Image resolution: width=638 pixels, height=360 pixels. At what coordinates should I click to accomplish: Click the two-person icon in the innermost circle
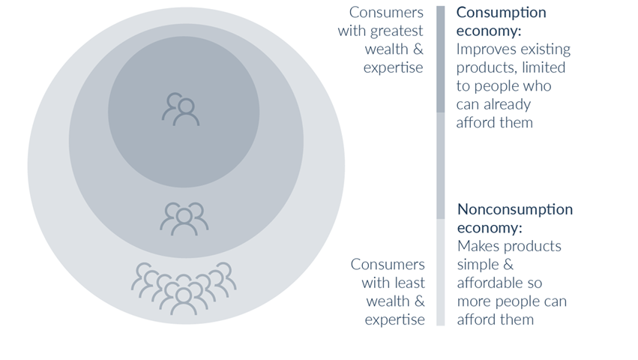pyautogui.click(x=181, y=109)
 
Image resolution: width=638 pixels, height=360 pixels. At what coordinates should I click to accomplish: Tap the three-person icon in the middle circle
pyautogui.click(x=184, y=218)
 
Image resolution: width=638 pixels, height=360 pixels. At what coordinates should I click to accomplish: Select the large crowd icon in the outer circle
pyautogui.click(x=184, y=286)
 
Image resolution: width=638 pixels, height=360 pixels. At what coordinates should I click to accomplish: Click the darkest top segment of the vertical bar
pyautogui.click(x=440, y=59)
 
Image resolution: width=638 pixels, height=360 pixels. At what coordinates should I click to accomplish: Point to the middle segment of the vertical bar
pyautogui.click(x=440, y=166)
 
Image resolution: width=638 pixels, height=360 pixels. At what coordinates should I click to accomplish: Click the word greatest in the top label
pyautogui.click(x=395, y=31)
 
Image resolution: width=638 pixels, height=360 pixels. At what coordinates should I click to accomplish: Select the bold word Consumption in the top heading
pyautogui.click(x=502, y=13)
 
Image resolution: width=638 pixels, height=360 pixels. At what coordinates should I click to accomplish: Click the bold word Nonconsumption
pyautogui.click(x=515, y=209)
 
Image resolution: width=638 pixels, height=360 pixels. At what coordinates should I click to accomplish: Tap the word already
pyautogui.click(x=505, y=104)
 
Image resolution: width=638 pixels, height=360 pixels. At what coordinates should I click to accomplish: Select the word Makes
pyautogui.click(x=479, y=246)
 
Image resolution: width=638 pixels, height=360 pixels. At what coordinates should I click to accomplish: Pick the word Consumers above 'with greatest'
pyautogui.click(x=386, y=13)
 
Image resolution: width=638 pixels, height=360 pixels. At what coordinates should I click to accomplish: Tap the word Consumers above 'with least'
pyautogui.click(x=388, y=265)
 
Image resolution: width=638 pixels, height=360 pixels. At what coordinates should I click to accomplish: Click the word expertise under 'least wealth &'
pyautogui.click(x=395, y=319)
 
